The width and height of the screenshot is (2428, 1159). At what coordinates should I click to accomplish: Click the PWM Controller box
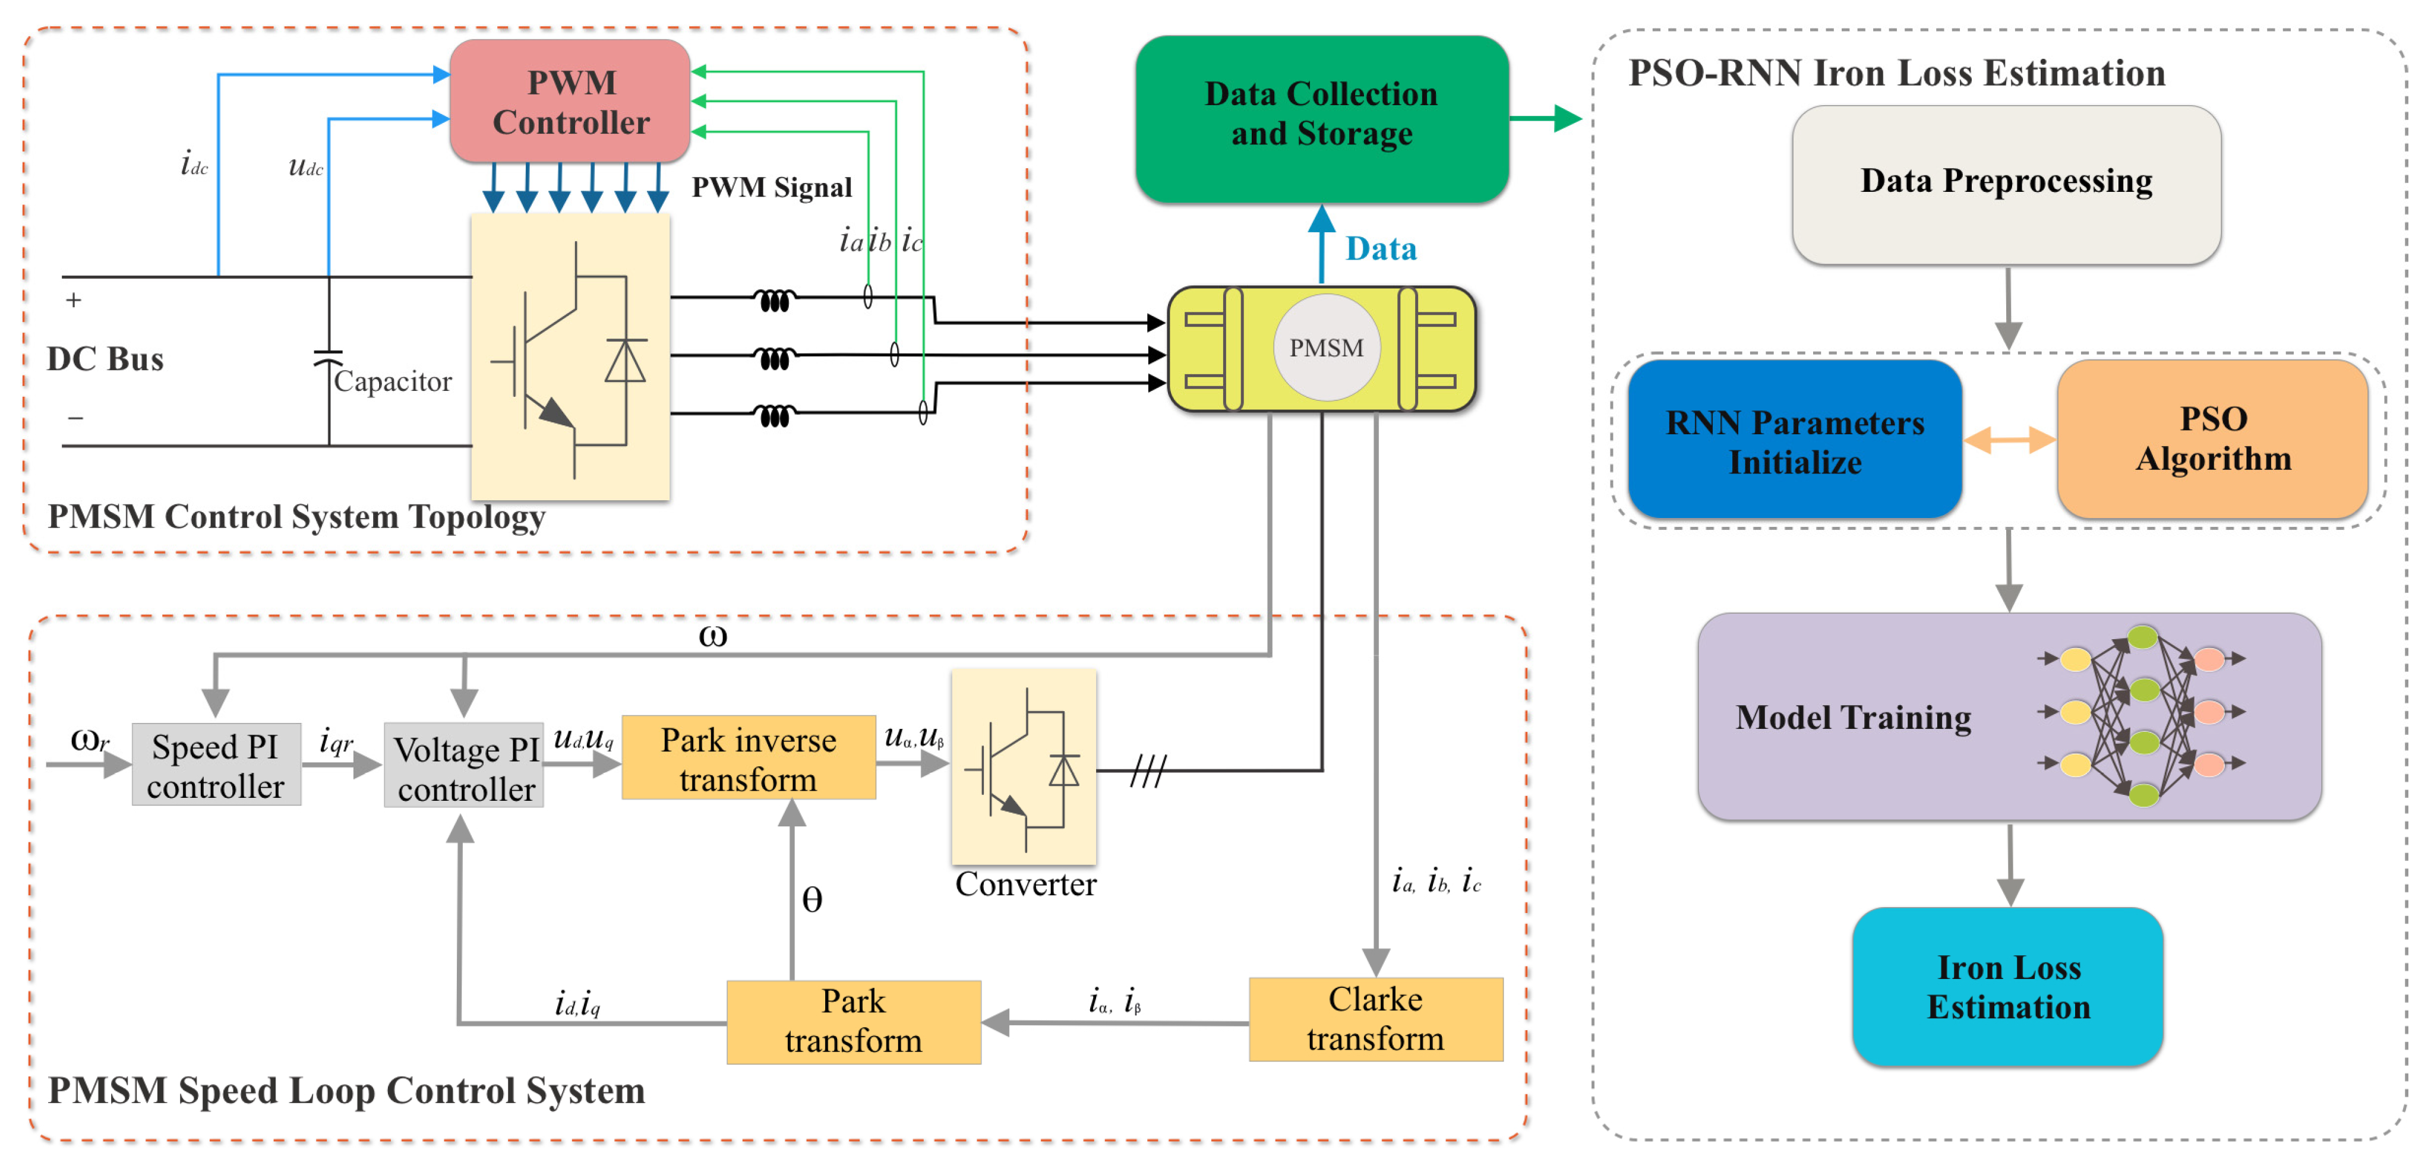tap(570, 102)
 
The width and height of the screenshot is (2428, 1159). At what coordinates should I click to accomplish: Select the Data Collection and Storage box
tap(1321, 119)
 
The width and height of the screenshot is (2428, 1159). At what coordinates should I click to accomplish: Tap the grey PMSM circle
tap(1326, 348)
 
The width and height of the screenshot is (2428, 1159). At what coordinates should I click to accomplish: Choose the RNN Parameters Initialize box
tap(1795, 440)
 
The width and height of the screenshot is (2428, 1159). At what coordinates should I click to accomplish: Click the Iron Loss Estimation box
tap(2007, 987)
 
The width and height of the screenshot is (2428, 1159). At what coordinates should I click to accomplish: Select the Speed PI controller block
tap(216, 765)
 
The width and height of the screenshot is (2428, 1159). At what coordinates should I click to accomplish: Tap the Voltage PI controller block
tap(465, 769)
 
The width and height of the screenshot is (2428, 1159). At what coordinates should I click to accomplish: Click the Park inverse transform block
tap(749, 759)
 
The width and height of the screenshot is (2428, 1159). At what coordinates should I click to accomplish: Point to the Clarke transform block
tap(1375, 1019)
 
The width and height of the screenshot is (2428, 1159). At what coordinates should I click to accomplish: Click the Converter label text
tap(1025, 884)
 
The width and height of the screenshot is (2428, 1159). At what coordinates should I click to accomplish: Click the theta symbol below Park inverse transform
tap(812, 900)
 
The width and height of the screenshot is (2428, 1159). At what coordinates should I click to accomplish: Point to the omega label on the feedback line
tap(712, 636)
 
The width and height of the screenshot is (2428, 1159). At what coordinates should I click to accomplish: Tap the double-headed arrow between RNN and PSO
tap(2010, 440)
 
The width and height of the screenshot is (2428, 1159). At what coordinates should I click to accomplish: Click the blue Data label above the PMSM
tap(1381, 249)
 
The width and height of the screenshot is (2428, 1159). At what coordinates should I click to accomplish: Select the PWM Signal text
tap(771, 188)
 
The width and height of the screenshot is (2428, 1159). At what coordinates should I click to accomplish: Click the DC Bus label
tap(105, 359)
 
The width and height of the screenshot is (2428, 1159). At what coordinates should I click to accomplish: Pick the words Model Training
tap(1853, 718)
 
